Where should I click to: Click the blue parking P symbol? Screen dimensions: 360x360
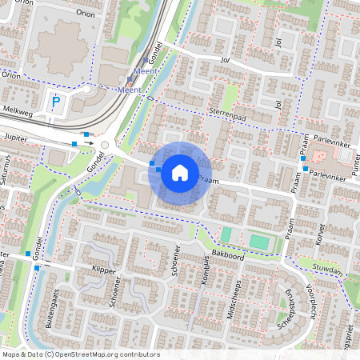pyautogui.click(x=55, y=102)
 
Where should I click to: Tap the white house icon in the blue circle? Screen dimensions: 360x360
pyautogui.click(x=180, y=173)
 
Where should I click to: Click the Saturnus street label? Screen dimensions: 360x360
pyautogui.click(x=5, y=172)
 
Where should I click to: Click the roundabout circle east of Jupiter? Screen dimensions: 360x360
pyautogui.click(x=104, y=145)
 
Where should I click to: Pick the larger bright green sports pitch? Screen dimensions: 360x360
pyautogui.click(x=259, y=240)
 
